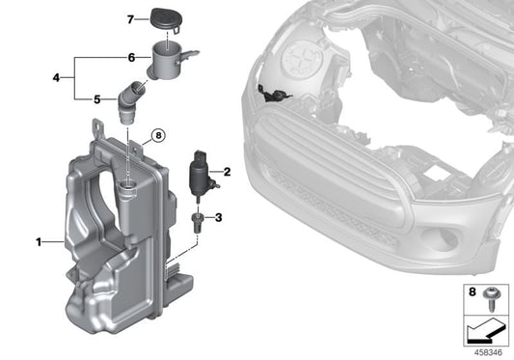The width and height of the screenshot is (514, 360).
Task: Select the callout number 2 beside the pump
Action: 228,173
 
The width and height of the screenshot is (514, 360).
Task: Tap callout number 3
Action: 218,217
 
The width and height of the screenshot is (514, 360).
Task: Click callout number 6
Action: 132,58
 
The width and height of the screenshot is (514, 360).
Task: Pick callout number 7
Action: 131,17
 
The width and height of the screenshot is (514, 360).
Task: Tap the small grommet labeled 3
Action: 198,220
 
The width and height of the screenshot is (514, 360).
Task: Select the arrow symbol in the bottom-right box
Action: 485,332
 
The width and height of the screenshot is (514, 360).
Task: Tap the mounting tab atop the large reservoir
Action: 100,129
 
